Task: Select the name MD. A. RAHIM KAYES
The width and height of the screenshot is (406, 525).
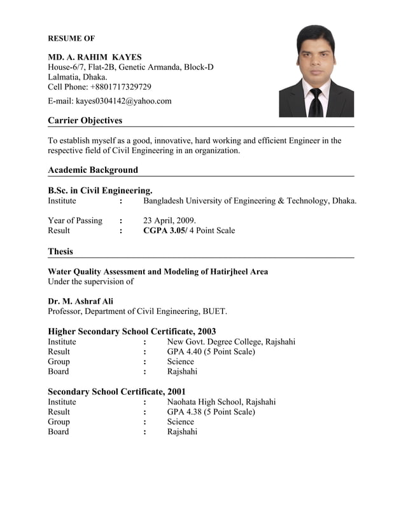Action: coord(95,57)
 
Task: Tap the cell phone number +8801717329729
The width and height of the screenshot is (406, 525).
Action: coord(121,87)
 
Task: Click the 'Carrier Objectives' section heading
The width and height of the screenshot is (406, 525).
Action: coord(85,120)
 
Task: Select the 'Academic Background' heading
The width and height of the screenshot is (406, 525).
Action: coord(93,170)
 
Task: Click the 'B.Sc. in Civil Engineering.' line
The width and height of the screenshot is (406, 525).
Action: coord(100,190)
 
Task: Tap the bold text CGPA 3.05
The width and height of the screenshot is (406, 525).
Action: coord(164,231)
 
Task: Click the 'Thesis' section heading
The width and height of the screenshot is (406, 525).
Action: coord(60,251)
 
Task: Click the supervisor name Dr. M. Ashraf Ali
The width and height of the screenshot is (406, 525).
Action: coord(80,301)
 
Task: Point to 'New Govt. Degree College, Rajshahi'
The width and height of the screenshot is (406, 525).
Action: coord(231,342)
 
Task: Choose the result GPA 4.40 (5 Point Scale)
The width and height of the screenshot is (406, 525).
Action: coord(211,351)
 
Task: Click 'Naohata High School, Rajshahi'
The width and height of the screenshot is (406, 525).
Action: coord(221,402)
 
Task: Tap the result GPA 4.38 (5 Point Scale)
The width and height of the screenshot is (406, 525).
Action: coord(211,412)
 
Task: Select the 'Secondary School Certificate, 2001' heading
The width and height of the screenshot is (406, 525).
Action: coord(116,392)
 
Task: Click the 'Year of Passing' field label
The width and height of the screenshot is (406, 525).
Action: coord(75,221)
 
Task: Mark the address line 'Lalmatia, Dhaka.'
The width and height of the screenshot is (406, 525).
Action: coord(78,77)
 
